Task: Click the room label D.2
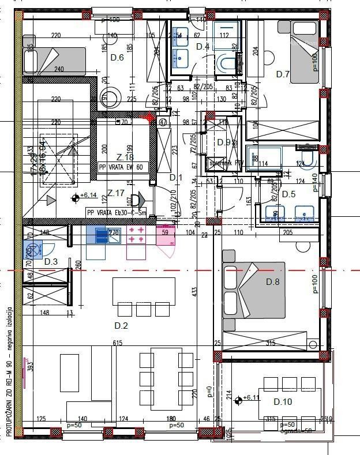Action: click(x=121, y=326)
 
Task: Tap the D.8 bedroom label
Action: click(x=272, y=282)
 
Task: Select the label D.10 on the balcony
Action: click(x=283, y=401)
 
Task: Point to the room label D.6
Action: click(x=117, y=57)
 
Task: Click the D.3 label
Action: click(x=51, y=262)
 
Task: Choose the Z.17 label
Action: click(x=117, y=193)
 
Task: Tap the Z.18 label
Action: click(x=125, y=157)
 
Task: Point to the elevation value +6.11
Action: click(x=252, y=398)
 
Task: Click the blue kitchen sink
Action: click(x=98, y=235)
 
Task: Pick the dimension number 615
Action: click(x=118, y=343)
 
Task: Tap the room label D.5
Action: click(x=288, y=194)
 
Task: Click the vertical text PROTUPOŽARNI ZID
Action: click(x=9, y=398)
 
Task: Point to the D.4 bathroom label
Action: click(x=202, y=46)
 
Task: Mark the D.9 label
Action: click(x=224, y=142)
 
